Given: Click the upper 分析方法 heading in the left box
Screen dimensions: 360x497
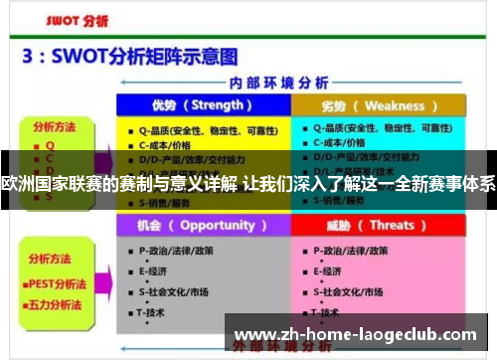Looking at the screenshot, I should (x=55, y=127).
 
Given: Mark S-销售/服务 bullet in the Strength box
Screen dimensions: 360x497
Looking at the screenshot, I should (x=169, y=202).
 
